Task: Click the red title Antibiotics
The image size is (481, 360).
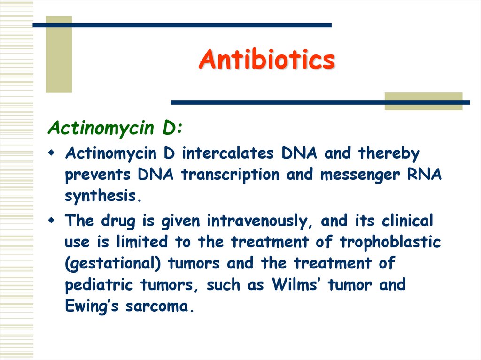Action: [x=266, y=60]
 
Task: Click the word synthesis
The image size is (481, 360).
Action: [x=102, y=196]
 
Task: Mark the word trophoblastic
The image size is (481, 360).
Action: [x=390, y=242]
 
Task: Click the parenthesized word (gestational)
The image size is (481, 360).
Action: [x=113, y=264]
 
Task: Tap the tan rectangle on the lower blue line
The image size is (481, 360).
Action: [x=423, y=101]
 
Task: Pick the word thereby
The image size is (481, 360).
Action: [x=389, y=153]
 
